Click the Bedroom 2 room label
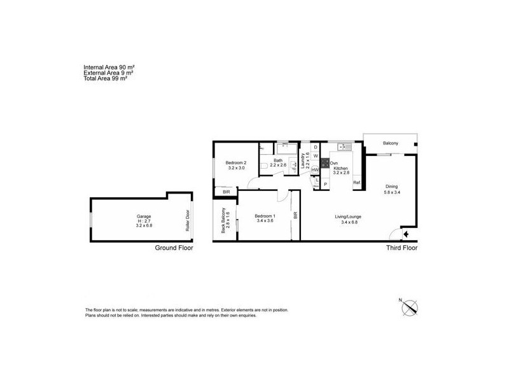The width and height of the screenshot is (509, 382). pos(235,163)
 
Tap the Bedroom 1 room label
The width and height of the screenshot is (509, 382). pos(263,216)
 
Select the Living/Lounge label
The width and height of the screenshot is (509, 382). pos(348,217)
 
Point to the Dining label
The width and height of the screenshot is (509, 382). pos(391,187)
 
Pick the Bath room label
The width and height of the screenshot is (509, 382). pos(278,160)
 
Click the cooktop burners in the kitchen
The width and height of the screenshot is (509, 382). pos(324,162)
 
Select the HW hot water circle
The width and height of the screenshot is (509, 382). pos(316,170)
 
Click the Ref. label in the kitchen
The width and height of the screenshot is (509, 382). pos(357,183)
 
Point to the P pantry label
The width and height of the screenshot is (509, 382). pos(325,184)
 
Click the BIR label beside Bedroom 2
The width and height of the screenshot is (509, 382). pos(226,192)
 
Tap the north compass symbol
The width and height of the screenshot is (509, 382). pos(408,308)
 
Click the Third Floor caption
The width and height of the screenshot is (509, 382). pos(401,248)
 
